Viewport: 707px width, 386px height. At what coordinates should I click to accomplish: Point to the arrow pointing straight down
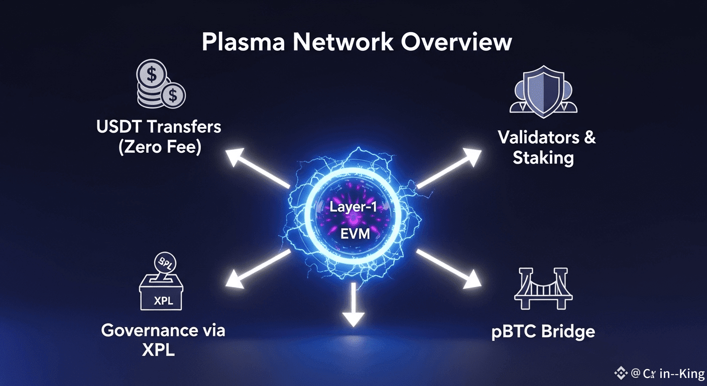pos(354,307)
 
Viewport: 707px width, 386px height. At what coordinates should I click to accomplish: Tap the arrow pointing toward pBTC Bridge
pos(448,269)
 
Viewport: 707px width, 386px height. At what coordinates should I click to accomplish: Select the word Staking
pos(543,158)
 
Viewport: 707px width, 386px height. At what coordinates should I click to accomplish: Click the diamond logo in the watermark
pos(622,373)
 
